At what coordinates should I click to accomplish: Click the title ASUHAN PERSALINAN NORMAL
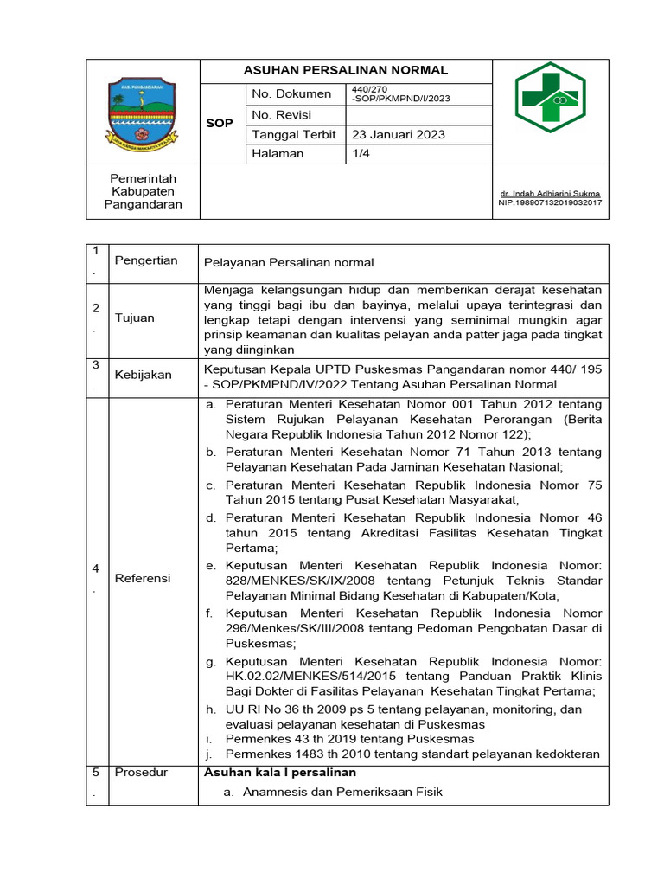345,70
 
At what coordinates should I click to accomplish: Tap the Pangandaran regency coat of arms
142,111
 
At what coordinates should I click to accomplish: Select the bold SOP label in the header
220,124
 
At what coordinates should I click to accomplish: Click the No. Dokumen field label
291,93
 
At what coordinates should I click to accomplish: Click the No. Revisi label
281,115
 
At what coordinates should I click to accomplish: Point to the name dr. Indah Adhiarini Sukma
550,193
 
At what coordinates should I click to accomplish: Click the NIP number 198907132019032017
550,202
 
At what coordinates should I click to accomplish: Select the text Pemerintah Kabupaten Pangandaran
143,191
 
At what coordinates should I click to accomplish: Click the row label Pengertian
146,260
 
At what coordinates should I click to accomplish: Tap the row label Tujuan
134,318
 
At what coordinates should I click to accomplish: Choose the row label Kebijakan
143,375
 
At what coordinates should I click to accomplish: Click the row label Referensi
143,577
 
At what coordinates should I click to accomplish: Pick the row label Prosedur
141,772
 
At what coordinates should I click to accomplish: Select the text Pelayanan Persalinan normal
289,262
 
